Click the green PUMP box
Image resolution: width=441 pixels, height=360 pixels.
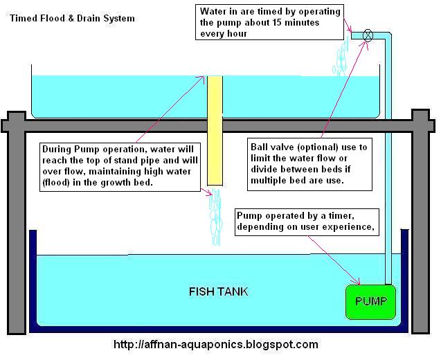pyautogui.click(x=370, y=302)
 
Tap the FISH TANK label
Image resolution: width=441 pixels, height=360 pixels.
pyautogui.click(x=218, y=291)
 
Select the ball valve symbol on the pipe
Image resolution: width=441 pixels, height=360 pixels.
pyautogui.click(x=368, y=34)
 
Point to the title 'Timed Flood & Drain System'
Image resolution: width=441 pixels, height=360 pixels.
pyautogui.click(x=73, y=18)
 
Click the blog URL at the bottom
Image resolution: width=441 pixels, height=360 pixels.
pyautogui.click(x=215, y=344)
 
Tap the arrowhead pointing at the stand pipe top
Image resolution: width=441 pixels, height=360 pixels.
pyautogui.click(x=204, y=78)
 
